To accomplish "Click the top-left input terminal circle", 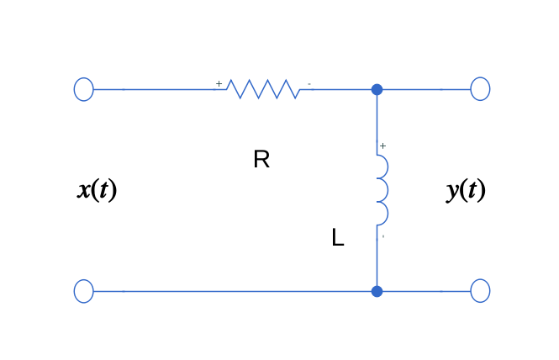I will pyautogui.click(x=83, y=89).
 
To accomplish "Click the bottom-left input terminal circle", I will pyautogui.click(x=83, y=291).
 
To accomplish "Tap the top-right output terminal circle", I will pyautogui.click(x=480, y=89).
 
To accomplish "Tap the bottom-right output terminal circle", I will pyautogui.click(x=480, y=291).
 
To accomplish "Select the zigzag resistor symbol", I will pyautogui.click(x=262, y=89).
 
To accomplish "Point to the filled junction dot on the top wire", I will pyautogui.click(x=377, y=89).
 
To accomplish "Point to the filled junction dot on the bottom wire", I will pyautogui.click(x=377, y=291).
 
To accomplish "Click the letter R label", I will pyautogui.click(x=261, y=160).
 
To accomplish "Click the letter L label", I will pyautogui.click(x=338, y=239).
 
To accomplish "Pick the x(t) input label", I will pyautogui.click(x=98, y=190).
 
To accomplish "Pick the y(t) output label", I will pyautogui.click(x=466, y=190).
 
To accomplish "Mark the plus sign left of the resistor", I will pyautogui.click(x=219, y=83).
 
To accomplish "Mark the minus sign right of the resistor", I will pyautogui.click(x=309, y=83).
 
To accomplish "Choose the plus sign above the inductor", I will pyautogui.click(x=383, y=146).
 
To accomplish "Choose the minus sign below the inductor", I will pyautogui.click(x=383, y=236).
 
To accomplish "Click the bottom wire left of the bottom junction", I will pyautogui.click(x=235, y=291).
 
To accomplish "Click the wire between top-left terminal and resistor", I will pyautogui.click(x=160, y=89).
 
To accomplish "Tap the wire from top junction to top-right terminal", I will pyautogui.click(x=425, y=89).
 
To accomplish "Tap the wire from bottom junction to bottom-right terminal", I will pyautogui.click(x=425, y=291).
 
